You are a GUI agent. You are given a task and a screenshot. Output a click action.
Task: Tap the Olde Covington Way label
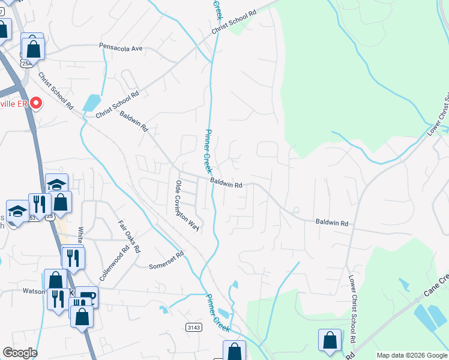click(x=186, y=205)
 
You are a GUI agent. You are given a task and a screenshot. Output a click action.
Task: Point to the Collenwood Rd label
click(x=107, y=265)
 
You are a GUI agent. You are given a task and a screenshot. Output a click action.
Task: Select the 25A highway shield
click(x=26, y=62)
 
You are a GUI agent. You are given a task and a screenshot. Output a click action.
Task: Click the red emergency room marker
click(x=36, y=103)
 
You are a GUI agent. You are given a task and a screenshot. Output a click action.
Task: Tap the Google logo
click(x=20, y=353)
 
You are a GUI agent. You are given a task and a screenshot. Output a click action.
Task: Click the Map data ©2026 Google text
click(x=411, y=355)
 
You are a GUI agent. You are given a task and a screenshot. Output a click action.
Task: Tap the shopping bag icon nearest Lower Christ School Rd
click(x=330, y=340)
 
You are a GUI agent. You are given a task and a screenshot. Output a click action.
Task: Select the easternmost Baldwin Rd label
click(x=332, y=223)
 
